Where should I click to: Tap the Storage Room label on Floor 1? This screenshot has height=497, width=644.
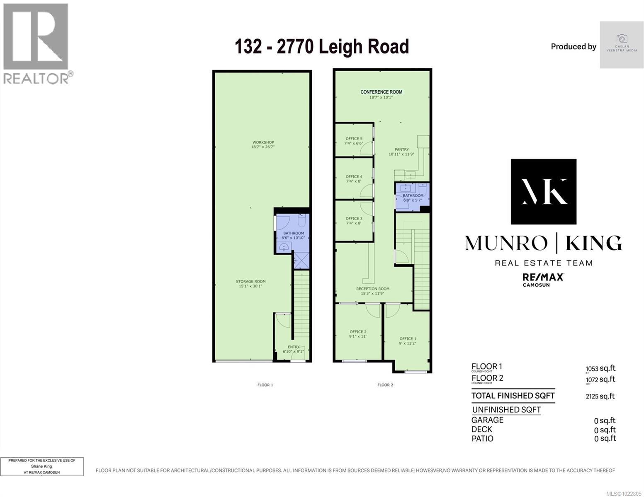[x=251, y=282]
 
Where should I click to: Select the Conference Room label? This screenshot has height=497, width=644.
[x=381, y=92]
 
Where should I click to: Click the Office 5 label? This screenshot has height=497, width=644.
[x=354, y=139]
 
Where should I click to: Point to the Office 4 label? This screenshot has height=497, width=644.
[x=354, y=177]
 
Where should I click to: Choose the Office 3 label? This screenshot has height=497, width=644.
[x=354, y=219]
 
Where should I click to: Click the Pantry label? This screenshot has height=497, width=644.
[x=401, y=150]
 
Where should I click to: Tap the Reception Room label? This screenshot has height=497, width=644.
[x=373, y=289]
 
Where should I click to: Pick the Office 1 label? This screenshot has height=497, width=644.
[x=408, y=339]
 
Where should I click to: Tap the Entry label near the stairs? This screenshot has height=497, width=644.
[x=294, y=347]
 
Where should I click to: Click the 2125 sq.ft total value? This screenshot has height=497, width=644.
[x=600, y=396]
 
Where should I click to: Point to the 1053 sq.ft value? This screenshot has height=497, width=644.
[x=600, y=369]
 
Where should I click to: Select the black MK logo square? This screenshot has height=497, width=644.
[x=543, y=191]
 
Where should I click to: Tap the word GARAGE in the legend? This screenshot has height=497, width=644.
[x=487, y=420]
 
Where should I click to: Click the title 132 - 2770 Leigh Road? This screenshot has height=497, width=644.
[x=322, y=46]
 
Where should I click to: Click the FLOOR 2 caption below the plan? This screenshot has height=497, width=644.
[x=385, y=385]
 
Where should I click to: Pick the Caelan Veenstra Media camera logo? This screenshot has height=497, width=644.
[x=622, y=39]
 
